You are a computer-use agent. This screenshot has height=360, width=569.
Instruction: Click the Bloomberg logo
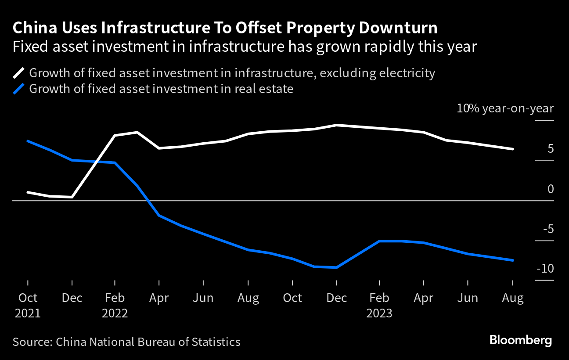(x=520, y=341)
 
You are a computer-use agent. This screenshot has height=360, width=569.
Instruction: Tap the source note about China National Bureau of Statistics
(x=126, y=342)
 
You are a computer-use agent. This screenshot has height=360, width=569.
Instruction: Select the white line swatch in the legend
(x=19, y=73)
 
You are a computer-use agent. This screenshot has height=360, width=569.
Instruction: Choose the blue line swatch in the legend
(x=19, y=89)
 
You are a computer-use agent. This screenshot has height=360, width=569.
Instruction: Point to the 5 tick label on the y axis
(x=550, y=149)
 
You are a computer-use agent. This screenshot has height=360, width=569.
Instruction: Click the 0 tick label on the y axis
(x=550, y=189)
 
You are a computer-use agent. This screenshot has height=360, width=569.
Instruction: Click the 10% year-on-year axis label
(x=505, y=108)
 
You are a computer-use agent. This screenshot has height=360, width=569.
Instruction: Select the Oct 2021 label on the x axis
(x=28, y=305)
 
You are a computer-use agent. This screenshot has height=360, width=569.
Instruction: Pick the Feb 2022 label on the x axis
(x=115, y=305)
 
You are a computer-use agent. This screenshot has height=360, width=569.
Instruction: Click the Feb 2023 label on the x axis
(x=379, y=305)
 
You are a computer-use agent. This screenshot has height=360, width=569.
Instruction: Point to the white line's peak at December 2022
(x=337, y=125)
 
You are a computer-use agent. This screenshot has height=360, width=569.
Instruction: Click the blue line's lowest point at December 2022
(x=337, y=267)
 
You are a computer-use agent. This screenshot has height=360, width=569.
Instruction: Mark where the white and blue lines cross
(x=97, y=162)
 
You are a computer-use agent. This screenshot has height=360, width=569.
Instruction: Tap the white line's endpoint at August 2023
(x=513, y=149)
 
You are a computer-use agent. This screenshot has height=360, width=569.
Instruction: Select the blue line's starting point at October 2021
(x=28, y=141)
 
